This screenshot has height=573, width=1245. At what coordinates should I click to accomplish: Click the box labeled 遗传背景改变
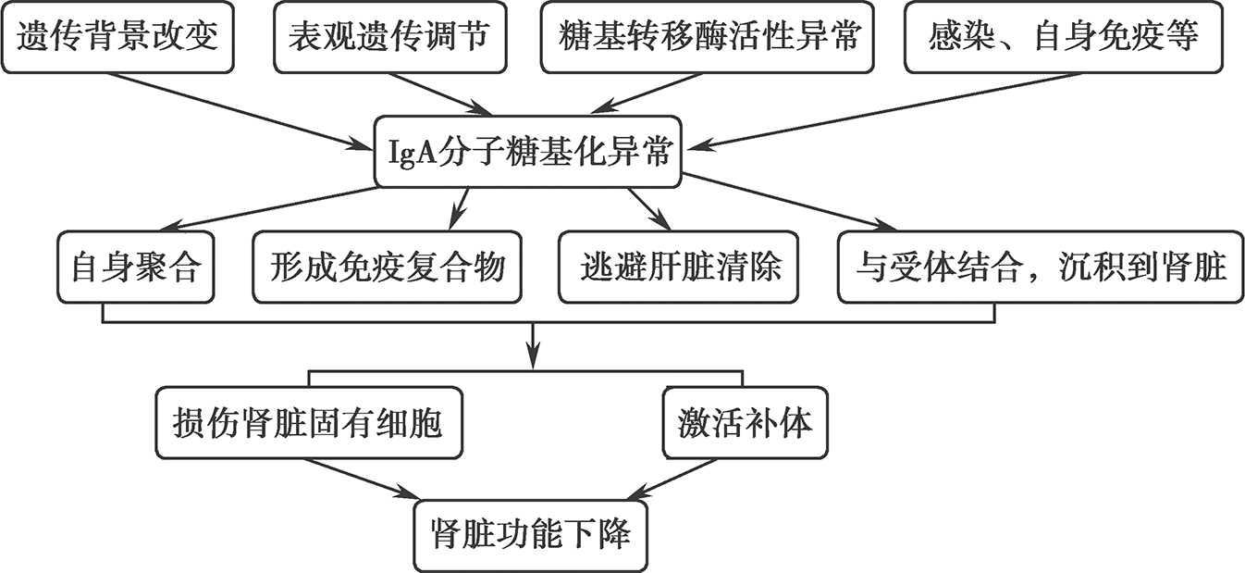117,38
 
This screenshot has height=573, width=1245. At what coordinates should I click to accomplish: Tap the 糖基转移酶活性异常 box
708,38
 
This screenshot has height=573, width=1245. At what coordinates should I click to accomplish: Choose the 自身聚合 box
135,268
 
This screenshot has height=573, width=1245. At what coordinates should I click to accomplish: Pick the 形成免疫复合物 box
388,268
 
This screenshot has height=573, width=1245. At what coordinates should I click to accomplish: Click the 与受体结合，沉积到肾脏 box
1040,268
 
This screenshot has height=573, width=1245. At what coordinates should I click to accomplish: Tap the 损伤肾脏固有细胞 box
309,424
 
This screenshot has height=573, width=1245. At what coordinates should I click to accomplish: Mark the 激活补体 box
745,424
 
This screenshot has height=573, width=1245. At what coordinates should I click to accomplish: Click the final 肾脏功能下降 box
531,535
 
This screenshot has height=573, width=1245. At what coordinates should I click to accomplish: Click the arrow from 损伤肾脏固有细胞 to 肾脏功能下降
361,477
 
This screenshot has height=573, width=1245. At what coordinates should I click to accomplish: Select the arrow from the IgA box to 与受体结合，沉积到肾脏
786,203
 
